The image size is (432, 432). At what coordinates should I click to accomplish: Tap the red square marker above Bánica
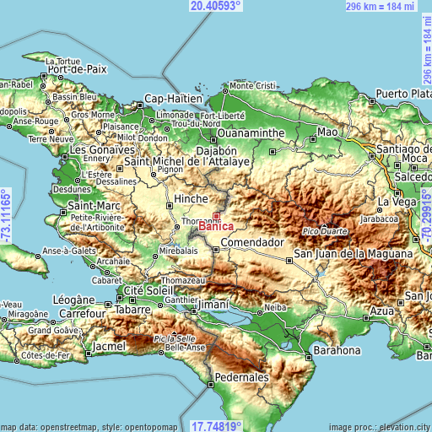point(216,217)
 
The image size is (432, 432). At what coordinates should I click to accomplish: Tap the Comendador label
point(251,242)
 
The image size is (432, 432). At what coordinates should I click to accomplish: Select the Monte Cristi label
point(253,86)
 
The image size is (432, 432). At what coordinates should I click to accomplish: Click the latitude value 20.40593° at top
point(215,6)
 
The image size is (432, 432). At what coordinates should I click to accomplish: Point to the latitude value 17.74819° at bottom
point(215,426)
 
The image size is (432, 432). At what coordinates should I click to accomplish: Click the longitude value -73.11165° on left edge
point(6,216)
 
